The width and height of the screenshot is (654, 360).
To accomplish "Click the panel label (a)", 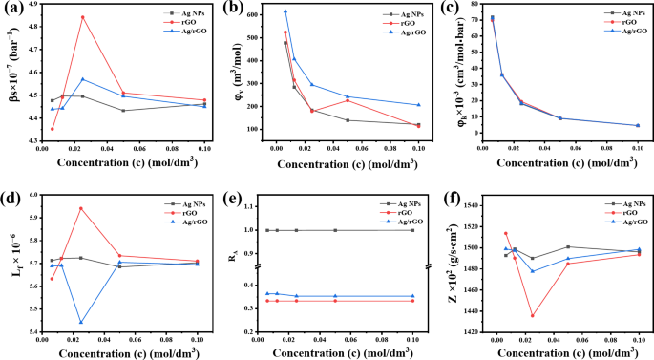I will tap(12, 9).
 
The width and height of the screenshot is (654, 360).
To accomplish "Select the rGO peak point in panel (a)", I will tap(83, 17).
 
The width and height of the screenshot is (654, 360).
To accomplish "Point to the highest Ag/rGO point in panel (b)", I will tap(285, 11).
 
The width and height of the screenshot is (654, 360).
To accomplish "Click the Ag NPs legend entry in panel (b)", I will tap(392, 12).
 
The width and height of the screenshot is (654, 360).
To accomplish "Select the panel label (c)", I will tap(453, 9).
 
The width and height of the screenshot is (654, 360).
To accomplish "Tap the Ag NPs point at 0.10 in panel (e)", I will tap(413, 230).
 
